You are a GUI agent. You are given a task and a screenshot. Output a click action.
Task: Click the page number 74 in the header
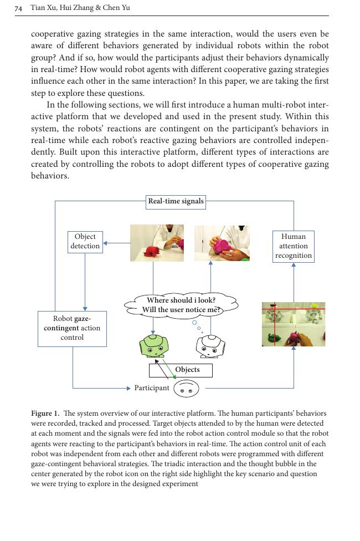18,8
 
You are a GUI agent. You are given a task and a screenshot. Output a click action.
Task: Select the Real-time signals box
176,201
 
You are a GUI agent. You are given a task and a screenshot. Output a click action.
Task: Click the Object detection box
85,242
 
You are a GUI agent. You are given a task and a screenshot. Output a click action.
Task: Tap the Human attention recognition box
294,246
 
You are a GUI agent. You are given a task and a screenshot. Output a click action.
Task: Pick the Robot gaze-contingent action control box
72,328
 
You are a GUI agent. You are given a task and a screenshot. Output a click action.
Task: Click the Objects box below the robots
181,370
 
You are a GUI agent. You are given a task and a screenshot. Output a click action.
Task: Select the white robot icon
210,346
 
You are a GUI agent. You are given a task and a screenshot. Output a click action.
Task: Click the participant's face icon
186,389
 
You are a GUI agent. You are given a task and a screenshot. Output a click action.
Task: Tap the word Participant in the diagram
152,388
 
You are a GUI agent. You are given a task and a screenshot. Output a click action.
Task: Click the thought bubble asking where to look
181,305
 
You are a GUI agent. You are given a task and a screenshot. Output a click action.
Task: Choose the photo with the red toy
157,243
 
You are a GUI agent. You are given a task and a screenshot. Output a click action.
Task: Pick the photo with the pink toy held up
222,243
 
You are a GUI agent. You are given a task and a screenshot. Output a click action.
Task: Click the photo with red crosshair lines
294,324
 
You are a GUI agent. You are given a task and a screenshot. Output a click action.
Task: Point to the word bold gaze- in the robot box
83,319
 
